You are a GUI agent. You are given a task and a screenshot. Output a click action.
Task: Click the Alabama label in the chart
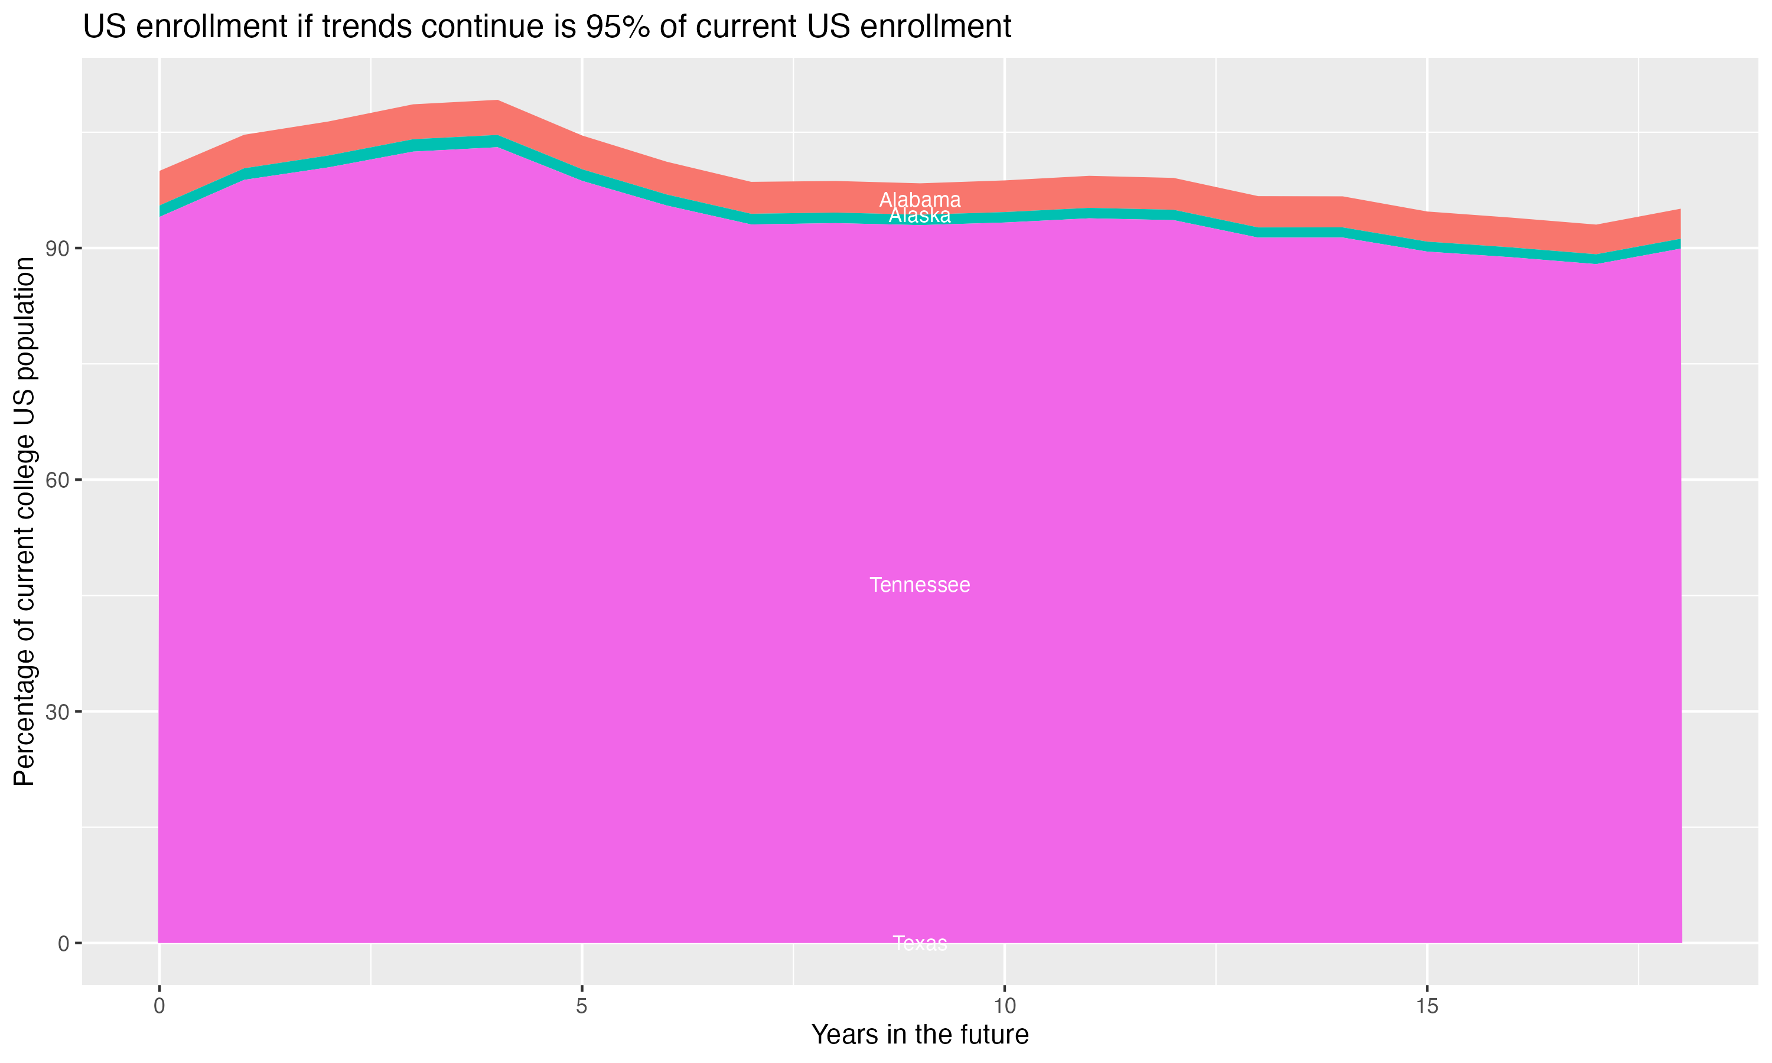(x=920, y=200)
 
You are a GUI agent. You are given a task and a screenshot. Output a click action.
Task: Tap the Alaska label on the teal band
(x=920, y=216)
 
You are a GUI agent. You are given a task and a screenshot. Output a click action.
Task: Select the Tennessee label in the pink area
(x=920, y=585)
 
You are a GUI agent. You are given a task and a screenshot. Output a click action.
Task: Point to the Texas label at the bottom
(x=920, y=943)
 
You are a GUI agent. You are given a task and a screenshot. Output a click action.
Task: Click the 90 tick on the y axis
(x=58, y=249)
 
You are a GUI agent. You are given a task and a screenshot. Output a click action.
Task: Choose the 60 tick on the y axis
(x=58, y=480)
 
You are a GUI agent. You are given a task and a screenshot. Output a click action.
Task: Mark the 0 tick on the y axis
(x=64, y=943)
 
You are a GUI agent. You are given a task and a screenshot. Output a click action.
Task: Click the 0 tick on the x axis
(x=159, y=1006)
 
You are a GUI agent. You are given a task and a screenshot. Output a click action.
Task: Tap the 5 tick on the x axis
(x=582, y=1006)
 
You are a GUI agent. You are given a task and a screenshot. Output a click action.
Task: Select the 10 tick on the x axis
(x=1004, y=1006)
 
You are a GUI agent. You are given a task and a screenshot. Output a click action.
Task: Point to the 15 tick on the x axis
(x=1427, y=1006)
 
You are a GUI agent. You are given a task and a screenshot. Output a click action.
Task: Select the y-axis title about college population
(x=24, y=521)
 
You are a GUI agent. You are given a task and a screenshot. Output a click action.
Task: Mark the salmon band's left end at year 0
(x=162, y=188)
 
